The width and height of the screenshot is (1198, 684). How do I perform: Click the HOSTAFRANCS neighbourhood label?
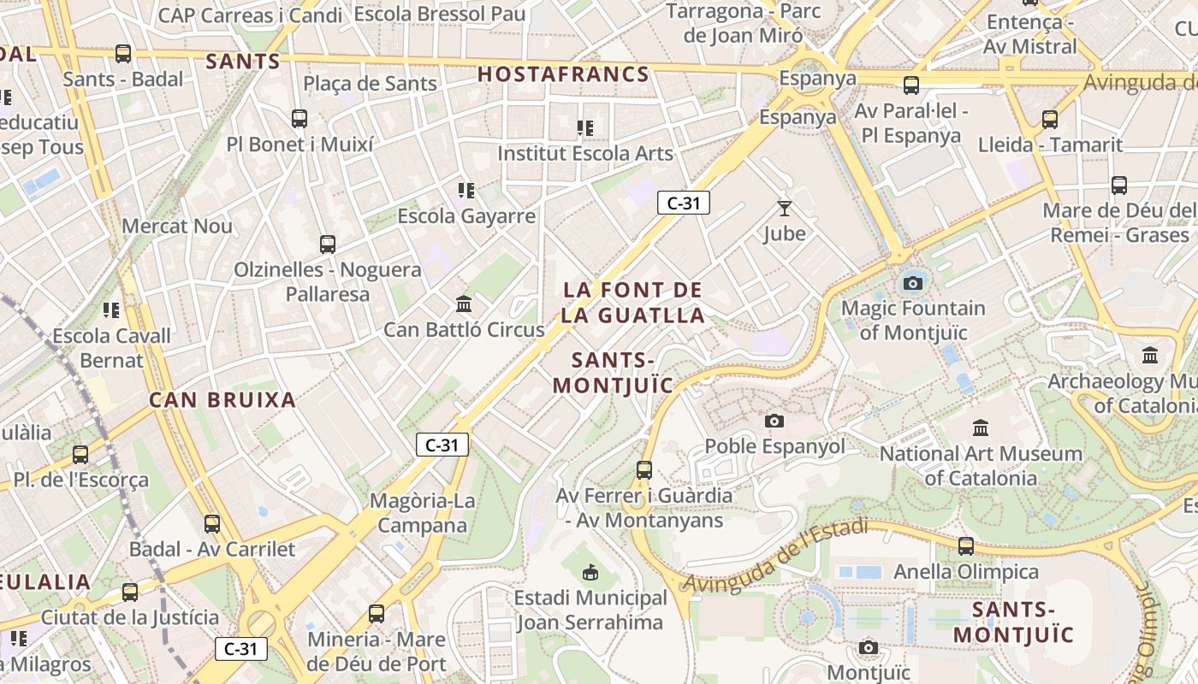[x=563, y=74]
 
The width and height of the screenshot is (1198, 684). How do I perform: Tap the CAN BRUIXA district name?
[x=222, y=399]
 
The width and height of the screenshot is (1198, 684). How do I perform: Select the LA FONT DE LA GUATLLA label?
[x=633, y=303]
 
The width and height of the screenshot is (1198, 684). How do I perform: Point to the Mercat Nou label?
[x=177, y=226]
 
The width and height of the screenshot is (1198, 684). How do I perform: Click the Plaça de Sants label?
[x=370, y=84]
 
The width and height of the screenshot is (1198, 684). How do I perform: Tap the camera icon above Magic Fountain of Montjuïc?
[x=913, y=283]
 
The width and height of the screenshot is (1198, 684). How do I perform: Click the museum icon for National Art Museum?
[x=981, y=427]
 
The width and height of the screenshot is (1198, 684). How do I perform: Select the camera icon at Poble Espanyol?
[x=774, y=421]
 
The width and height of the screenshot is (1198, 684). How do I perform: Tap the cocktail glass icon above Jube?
[x=785, y=208]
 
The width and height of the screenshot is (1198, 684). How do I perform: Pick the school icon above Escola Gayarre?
[x=466, y=190]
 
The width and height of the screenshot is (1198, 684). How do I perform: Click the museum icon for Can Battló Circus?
[x=464, y=304]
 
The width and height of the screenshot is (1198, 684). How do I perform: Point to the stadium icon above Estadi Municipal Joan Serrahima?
[x=590, y=571]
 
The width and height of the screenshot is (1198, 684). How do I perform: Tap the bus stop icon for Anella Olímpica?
[x=966, y=545]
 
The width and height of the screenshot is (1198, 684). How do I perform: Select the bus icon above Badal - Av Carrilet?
[x=211, y=523]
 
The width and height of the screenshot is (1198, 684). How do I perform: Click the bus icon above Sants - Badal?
[x=123, y=53]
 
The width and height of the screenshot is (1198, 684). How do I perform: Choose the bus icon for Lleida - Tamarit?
[x=1050, y=120]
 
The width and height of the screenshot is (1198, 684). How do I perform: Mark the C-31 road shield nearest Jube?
[x=683, y=203]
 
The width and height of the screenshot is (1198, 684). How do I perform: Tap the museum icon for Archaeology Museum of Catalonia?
[x=1150, y=355]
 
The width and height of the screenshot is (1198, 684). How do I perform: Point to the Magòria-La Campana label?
[x=423, y=512]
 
